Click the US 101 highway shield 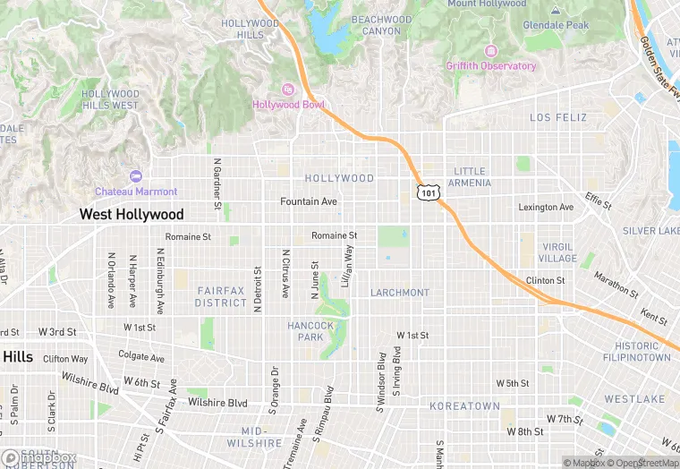pos(428,192)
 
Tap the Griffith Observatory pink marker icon pos(489,50)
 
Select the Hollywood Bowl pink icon pos(288,89)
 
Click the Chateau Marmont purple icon pos(136,176)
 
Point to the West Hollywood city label pos(132,215)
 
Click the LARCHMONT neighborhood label pos(400,293)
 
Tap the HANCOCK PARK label pos(310,331)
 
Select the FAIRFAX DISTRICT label pos(221,296)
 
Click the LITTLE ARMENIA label pos(470,177)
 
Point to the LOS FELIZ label pos(558,117)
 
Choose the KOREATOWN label pos(464,405)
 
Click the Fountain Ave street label pos(309,202)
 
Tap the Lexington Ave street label pos(546,208)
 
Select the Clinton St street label pos(545,280)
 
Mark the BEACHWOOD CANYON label pos(381,25)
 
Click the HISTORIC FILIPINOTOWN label pos(642,352)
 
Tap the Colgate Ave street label pos(141,356)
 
